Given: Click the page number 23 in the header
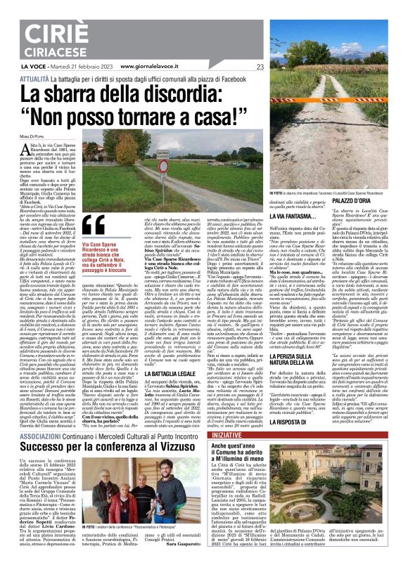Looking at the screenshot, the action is pos(260,67).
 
